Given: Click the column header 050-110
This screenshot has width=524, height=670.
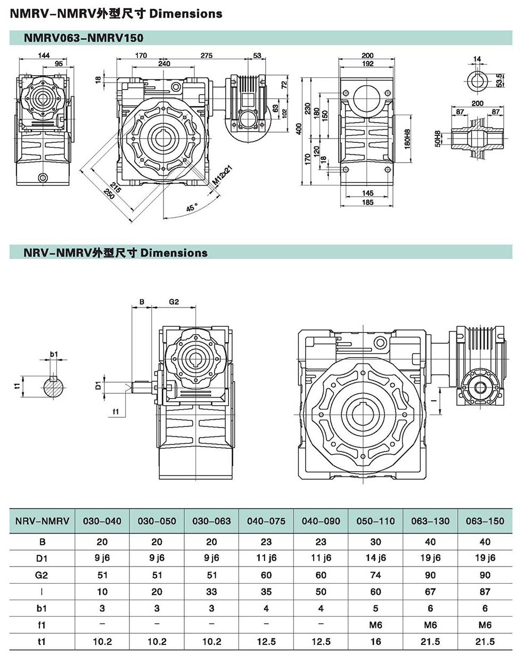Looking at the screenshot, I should [x=375, y=521].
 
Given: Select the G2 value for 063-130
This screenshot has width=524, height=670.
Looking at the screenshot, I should [x=430, y=575].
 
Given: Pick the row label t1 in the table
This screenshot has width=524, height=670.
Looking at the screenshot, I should [x=42, y=641].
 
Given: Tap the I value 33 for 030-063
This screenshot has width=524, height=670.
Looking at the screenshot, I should [x=211, y=592].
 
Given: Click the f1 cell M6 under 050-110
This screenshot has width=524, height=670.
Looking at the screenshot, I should [x=375, y=625].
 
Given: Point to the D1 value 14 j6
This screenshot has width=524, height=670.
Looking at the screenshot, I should [x=375, y=558].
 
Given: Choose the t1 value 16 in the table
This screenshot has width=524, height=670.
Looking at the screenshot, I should [x=375, y=641].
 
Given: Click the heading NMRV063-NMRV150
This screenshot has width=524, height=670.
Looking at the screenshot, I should [x=84, y=38].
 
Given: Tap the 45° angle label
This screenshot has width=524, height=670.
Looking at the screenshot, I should [x=192, y=207].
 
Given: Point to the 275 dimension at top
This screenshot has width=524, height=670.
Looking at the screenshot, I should [x=206, y=55].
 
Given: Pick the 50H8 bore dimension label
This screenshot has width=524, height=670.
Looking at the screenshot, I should [x=438, y=139].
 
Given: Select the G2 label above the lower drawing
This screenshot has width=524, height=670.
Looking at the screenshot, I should [x=174, y=302].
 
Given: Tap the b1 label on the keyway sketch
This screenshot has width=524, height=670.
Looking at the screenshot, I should [x=54, y=353].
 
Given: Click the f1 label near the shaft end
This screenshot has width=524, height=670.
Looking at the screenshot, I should [x=116, y=411].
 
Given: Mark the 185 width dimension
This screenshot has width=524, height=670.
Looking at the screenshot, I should [x=367, y=202].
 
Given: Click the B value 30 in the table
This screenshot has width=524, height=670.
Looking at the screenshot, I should [x=375, y=542].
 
